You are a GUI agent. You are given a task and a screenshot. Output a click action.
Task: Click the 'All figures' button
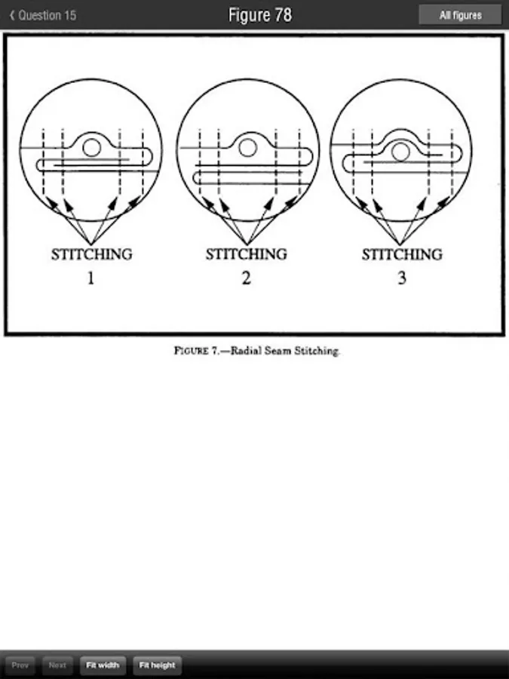(x=460, y=15)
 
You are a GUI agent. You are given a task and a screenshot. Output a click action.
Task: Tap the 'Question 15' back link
(x=43, y=15)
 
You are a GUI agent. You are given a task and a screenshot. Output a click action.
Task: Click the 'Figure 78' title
(x=260, y=15)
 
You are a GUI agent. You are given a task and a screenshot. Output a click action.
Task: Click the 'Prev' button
(x=20, y=665)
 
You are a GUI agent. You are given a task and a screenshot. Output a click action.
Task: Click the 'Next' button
(x=57, y=665)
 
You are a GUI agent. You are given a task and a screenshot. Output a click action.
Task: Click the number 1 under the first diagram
(x=91, y=278)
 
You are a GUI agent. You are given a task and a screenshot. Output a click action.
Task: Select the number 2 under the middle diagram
(x=247, y=278)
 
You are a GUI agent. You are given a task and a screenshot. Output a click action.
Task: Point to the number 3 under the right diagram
(x=402, y=278)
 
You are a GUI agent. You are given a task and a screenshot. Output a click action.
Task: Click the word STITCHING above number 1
(x=92, y=254)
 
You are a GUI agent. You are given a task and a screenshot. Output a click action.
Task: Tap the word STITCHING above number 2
(x=247, y=254)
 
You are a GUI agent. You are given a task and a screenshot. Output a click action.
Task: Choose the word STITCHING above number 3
(x=402, y=254)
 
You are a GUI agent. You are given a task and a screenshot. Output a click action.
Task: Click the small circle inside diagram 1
(x=92, y=148)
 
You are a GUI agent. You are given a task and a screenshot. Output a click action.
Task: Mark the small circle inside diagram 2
(x=248, y=147)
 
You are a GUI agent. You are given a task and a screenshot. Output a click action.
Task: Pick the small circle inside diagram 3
(x=401, y=152)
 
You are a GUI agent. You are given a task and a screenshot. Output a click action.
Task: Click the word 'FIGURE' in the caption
(x=192, y=351)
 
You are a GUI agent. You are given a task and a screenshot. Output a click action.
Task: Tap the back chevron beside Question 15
(x=12, y=16)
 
